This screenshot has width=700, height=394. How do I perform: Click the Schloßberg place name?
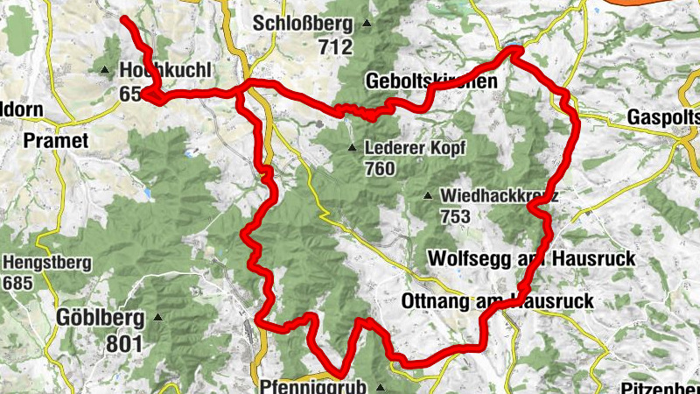[x=303, y=24]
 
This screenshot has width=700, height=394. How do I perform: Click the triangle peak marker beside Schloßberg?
[x=367, y=24]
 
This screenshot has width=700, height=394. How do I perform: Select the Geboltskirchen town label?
[x=430, y=81]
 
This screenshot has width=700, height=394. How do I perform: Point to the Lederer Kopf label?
[x=416, y=147]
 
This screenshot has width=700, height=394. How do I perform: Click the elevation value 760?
[x=381, y=169]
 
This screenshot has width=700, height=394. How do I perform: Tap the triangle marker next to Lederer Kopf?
[x=352, y=147]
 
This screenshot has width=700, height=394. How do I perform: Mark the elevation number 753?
[x=456, y=216]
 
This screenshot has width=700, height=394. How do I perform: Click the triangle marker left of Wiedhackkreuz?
[x=428, y=195]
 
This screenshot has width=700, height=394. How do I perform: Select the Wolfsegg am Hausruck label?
[x=532, y=258]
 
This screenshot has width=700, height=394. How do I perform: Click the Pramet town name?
[x=56, y=140]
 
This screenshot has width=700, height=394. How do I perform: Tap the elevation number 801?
[x=123, y=343]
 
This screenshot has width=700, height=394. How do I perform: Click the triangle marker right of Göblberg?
[x=157, y=317]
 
